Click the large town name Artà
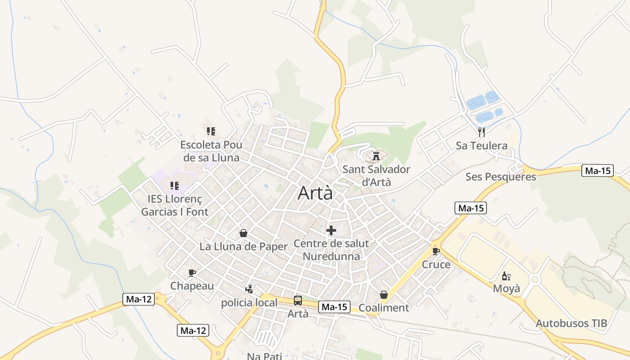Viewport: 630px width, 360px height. click(x=315, y=193)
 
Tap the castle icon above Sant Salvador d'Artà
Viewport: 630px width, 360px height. click(x=376, y=157)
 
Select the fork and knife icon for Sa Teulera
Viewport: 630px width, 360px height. click(x=481, y=132)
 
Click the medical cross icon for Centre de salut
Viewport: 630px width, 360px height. click(x=331, y=230)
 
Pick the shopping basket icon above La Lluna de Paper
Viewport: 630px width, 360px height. click(x=243, y=233)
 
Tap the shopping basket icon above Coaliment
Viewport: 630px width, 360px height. click(x=384, y=295)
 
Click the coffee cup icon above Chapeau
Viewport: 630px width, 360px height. click(x=192, y=273)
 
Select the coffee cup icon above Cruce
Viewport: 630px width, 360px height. click(x=436, y=251)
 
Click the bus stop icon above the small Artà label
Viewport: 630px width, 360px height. click(x=298, y=301)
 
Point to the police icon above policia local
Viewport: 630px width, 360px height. click(x=249, y=289)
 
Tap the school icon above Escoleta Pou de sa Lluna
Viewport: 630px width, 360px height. click(x=211, y=131)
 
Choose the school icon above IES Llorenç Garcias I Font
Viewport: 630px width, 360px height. click(x=175, y=185)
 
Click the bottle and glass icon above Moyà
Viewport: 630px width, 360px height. click(x=506, y=276)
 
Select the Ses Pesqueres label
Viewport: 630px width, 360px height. click(x=501, y=176)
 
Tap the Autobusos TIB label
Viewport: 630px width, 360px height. click(x=571, y=323)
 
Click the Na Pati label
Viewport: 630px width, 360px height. click(x=265, y=356)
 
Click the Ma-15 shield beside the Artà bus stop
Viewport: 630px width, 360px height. click(x=334, y=307)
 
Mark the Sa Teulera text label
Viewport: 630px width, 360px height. click(x=481, y=145)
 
